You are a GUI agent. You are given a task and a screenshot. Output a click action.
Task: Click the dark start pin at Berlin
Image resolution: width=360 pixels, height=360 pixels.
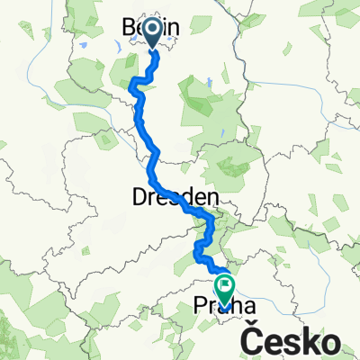[150, 31]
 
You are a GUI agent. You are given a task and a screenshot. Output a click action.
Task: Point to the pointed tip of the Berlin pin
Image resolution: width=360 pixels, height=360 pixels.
[150, 47]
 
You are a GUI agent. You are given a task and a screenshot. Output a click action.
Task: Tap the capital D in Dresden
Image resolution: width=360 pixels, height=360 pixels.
[162, 197]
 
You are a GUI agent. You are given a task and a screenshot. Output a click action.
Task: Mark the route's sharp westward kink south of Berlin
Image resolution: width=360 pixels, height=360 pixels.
[134, 85]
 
